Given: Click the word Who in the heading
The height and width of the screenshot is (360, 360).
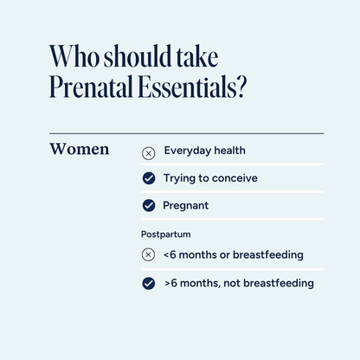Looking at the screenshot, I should (x=69, y=58).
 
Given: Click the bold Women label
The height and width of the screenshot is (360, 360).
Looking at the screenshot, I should (x=80, y=150).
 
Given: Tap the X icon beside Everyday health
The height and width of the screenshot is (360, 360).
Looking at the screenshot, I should (x=149, y=152).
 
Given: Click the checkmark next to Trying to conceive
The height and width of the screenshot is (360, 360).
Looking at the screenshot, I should (x=149, y=179).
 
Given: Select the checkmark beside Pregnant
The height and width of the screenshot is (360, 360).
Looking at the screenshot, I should (x=149, y=207).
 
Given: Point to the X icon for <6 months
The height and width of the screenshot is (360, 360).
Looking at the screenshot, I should (x=149, y=255).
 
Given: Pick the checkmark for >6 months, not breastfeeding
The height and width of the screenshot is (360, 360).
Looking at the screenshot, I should (x=149, y=283).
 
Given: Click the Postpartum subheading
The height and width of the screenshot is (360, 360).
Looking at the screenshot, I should (x=166, y=234).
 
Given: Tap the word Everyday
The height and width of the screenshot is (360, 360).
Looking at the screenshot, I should (x=189, y=151).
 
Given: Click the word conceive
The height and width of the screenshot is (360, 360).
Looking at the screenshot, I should (x=235, y=178).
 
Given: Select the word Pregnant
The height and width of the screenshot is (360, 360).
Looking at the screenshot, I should (x=185, y=206).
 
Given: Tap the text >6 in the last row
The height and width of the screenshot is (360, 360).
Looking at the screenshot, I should (x=170, y=283).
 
